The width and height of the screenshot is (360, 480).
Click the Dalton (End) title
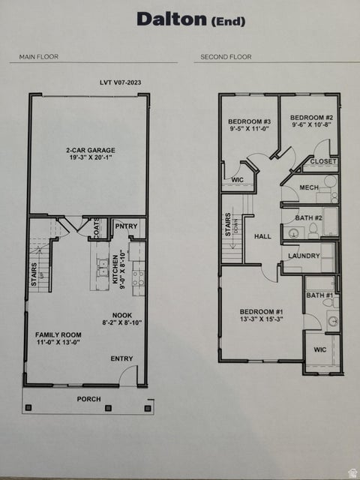[190, 19]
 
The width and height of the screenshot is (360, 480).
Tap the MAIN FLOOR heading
[39, 56]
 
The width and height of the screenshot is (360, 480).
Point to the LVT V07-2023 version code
[119, 82]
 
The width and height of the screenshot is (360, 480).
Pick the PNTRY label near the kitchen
[125, 226]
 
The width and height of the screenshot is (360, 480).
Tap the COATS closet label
[97, 227]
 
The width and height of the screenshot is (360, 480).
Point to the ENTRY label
[121, 358]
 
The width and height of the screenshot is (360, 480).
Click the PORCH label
[88, 399]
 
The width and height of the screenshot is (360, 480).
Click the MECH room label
[309, 187]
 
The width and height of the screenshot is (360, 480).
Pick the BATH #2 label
[308, 217]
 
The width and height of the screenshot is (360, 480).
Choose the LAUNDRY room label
[304, 256]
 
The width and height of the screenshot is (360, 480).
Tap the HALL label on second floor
[262, 236]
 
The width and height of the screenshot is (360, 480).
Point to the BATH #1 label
[319, 295]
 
